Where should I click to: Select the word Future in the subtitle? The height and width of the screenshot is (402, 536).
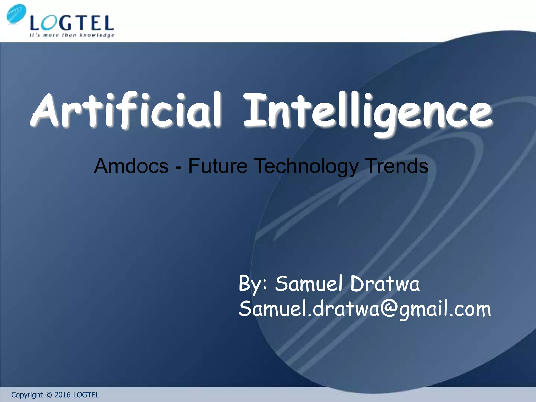(218, 166)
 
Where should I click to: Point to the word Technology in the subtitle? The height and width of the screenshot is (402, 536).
(306, 166)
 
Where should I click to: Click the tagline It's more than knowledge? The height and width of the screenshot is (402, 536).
(72, 35)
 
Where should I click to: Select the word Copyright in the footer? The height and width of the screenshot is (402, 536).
(27, 395)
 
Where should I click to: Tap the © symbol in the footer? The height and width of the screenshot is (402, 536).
(48, 395)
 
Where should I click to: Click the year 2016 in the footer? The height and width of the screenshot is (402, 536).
(62, 395)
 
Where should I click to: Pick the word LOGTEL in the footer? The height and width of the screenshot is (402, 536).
(86, 395)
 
